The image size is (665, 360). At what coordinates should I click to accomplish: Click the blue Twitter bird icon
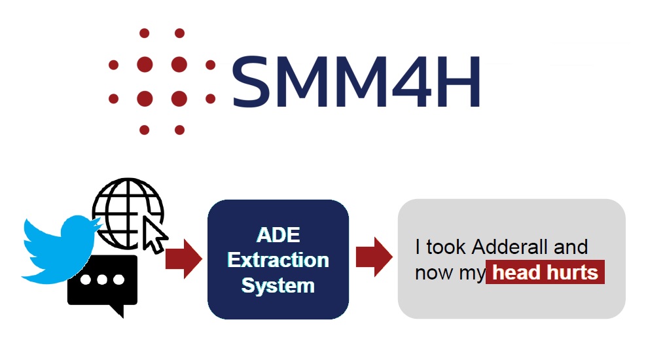(60, 250)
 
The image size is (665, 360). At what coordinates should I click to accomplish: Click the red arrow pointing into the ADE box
(184, 259)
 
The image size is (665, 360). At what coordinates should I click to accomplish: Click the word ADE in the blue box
(278, 235)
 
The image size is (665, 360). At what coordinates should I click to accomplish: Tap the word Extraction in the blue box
(278, 260)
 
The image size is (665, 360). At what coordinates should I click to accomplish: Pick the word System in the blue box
(278, 285)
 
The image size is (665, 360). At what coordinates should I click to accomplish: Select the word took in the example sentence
(446, 247)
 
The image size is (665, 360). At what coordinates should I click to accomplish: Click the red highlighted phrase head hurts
(545, 272)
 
